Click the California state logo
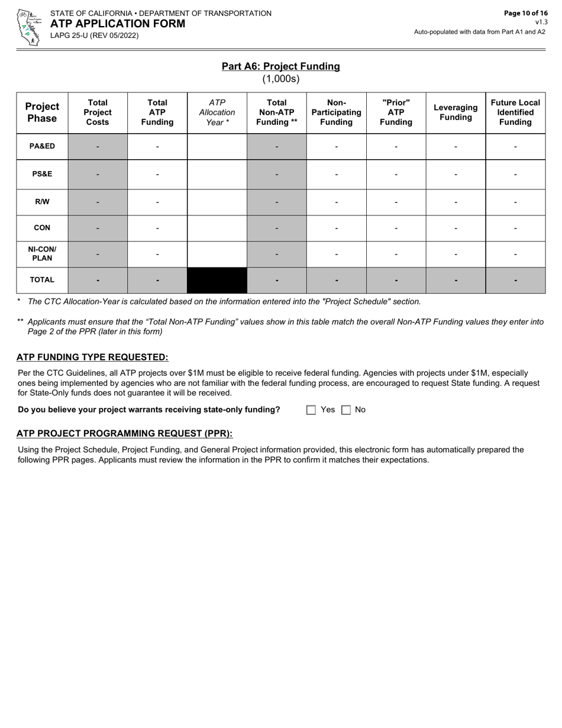28,27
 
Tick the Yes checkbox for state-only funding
311,410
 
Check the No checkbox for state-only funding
347,410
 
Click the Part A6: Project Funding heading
280,66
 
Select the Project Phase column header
42,112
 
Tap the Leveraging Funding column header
456,112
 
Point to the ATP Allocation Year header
217,112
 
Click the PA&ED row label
42,146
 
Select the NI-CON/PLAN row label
42,254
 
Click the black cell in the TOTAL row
217,280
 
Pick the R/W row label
42,202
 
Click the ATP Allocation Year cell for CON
217,228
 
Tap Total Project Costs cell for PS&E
98,175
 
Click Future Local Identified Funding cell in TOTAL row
515,280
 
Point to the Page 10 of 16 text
525,13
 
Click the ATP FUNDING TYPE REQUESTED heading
92,357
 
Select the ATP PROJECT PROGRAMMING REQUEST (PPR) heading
124,434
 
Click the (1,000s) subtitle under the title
280,79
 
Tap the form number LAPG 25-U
94,36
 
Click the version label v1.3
541,22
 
